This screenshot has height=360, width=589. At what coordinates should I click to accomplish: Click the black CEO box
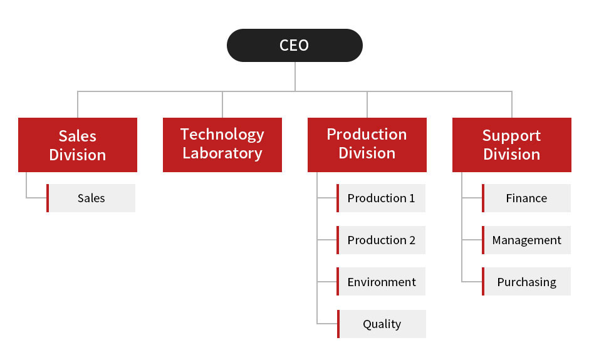pos(294,45)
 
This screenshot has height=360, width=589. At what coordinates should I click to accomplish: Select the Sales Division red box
pos(78,145)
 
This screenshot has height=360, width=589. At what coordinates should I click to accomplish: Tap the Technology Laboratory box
pos(222,145)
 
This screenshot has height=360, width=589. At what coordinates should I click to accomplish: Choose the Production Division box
pos(367,145)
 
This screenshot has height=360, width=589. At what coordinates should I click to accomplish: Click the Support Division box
pos(512,145)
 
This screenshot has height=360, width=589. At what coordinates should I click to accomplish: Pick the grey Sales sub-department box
pos(91,198)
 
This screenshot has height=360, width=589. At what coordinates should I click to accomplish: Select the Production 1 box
pos(382,198)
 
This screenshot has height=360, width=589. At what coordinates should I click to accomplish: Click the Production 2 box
pos(382,240)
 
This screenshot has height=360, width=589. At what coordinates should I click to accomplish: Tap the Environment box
pos(382,282)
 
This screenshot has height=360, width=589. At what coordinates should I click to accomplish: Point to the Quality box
pos(382,324)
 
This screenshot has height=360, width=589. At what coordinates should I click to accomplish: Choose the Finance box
pos(526,198)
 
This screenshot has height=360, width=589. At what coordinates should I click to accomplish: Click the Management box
pos(526,240)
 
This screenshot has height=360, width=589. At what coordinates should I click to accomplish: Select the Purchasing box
pos(526,282)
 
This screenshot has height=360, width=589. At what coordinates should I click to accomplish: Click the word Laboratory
pos(222,153)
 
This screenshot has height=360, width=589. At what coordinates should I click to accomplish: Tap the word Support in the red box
pos(511,136)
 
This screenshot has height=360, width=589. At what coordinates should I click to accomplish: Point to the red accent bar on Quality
pos(338,324)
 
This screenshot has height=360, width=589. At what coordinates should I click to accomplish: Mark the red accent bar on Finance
pos(483,198)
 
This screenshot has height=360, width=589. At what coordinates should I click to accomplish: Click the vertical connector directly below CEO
pos(294,76)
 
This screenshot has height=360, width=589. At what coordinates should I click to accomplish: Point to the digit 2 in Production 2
pos(412,240)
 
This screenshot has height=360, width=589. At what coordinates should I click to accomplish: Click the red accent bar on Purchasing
pos(483,282)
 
